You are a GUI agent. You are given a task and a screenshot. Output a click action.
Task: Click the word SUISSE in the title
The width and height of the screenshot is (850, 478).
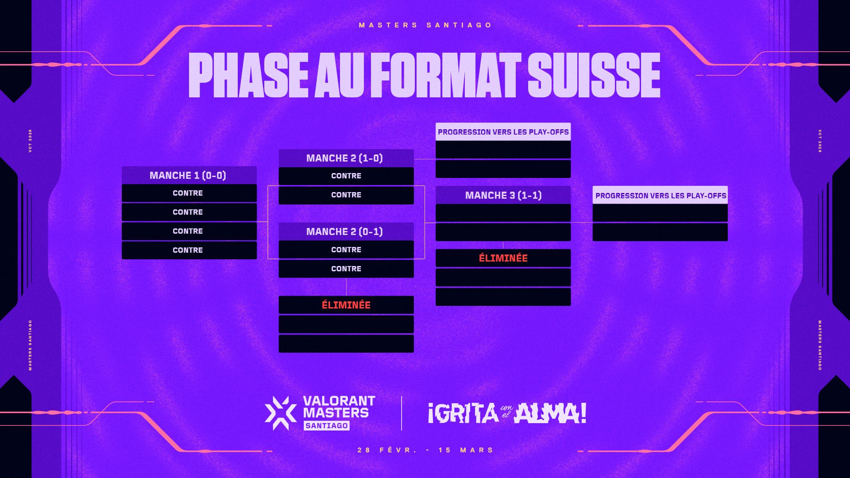[x=594, y=75]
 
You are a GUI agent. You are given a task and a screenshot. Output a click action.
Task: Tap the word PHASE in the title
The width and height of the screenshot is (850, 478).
[x=248, y=75]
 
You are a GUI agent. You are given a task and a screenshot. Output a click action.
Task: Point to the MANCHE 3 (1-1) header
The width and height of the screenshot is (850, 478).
[x=503, y=195]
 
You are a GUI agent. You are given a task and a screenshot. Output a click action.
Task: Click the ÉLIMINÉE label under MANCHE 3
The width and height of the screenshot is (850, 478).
[x=503, y=258]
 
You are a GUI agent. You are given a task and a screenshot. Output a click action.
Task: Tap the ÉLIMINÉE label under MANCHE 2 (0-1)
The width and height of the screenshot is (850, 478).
[x=346, y=305]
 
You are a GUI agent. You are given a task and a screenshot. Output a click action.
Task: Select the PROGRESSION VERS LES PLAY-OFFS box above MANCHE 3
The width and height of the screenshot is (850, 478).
[x=503, y=132]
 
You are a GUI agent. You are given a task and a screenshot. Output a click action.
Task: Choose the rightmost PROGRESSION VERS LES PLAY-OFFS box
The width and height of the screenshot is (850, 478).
[x=660, y=195]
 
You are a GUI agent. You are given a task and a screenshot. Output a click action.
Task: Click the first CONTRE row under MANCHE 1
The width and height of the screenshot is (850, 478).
[x=189, y=193]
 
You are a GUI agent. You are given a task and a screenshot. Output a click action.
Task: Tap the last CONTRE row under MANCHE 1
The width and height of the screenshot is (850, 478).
[x=189, y=250]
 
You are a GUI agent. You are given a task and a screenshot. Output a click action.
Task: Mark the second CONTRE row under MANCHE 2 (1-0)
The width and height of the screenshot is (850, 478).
[x=346, y=195]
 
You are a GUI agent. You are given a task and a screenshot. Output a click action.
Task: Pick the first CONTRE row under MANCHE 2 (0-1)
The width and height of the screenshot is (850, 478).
[x=346, y=250]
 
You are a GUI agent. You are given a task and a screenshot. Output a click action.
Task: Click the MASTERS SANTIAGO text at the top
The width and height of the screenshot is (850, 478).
[x=425, y=25]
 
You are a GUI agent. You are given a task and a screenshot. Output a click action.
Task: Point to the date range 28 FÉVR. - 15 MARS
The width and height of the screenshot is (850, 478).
[x=425, y=450]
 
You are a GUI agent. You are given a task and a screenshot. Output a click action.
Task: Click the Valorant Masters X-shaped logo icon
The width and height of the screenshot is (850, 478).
[x=281, y=413]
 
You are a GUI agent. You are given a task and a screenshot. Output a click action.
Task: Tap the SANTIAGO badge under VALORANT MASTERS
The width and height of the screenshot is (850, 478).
[x=327, y=426]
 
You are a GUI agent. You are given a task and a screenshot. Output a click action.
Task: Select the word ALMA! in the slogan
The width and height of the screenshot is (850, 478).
[x=551, y=413]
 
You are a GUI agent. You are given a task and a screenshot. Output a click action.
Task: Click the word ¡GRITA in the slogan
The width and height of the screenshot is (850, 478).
[x=464, y=413]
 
